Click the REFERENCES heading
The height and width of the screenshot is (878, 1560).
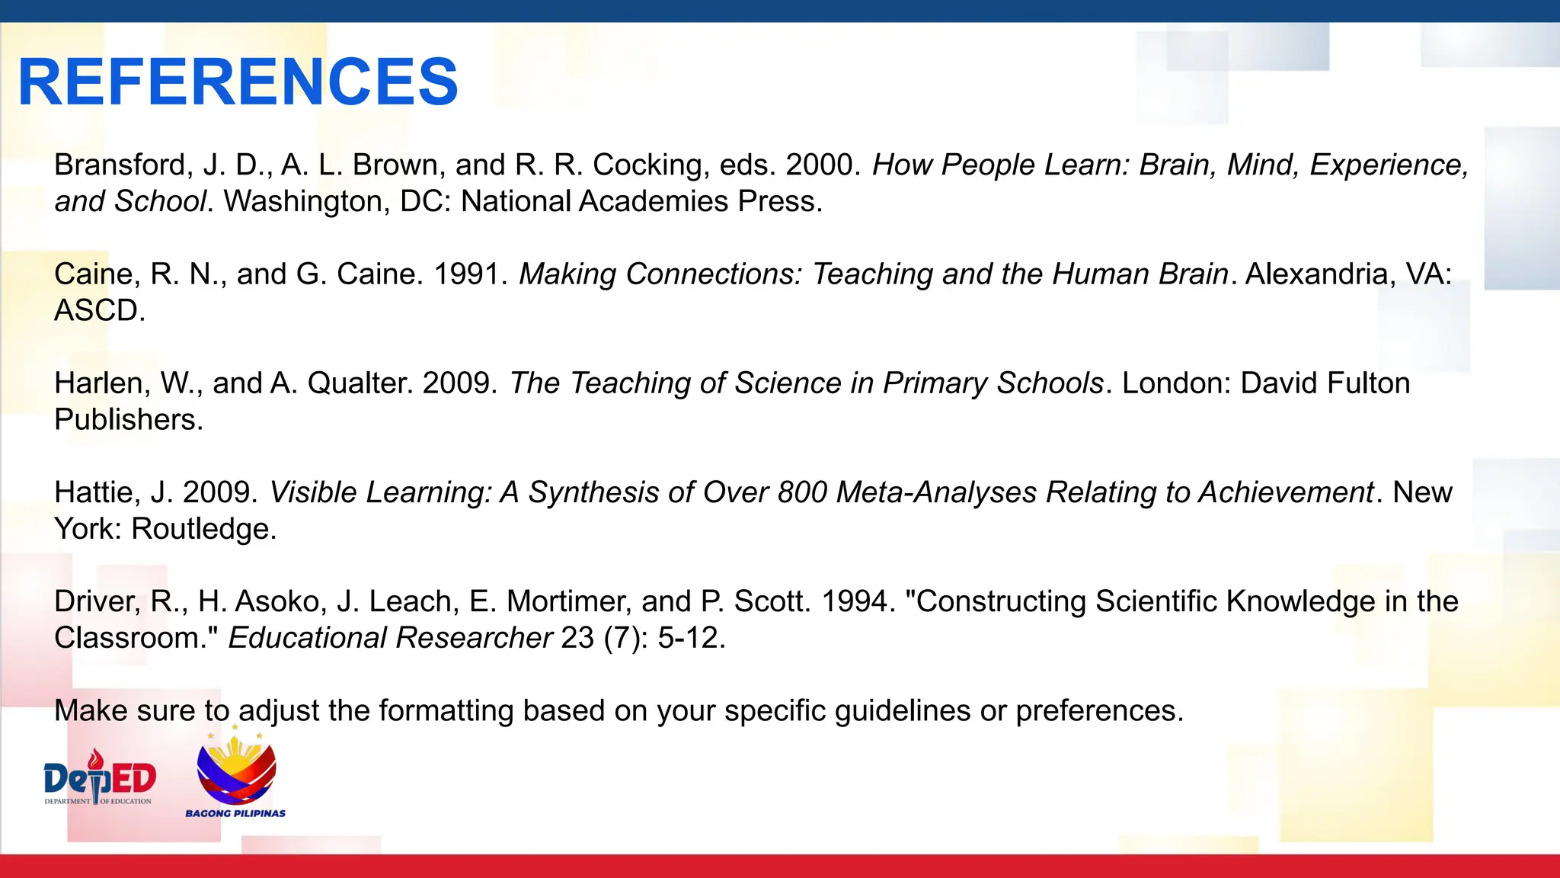238,82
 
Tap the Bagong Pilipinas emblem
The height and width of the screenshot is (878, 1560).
236,774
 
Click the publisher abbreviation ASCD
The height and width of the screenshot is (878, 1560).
99,311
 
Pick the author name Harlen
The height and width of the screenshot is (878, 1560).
101,383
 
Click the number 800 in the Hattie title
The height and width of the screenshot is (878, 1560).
802,493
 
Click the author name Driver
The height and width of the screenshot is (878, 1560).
97,602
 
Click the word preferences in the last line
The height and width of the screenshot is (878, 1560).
1098,711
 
